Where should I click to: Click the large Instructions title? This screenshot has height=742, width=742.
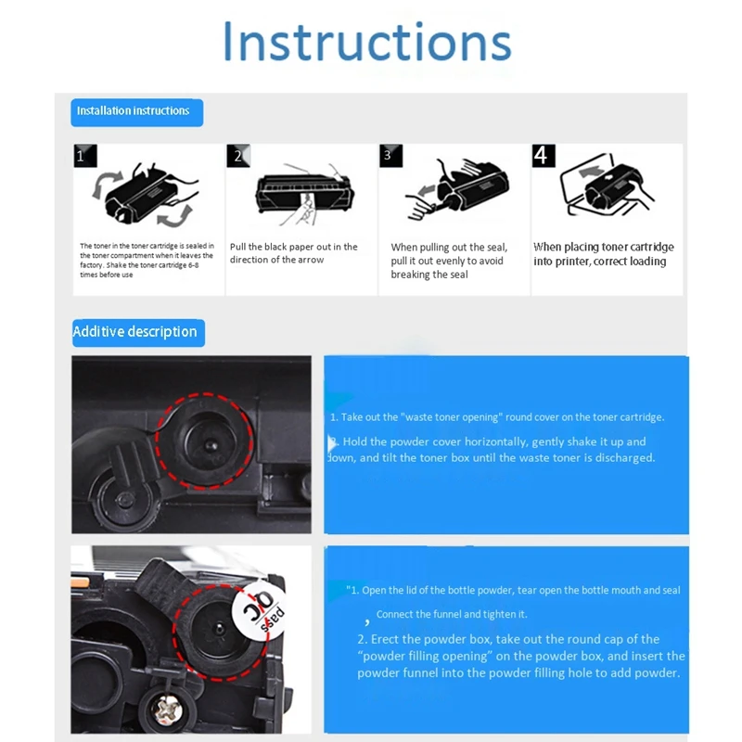(367, 44)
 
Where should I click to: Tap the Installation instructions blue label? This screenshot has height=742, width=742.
(134, 111)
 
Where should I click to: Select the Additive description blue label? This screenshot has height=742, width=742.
(135, 332)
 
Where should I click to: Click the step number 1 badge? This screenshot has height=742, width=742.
(83, 156)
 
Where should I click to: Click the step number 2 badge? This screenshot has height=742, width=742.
(237, 156)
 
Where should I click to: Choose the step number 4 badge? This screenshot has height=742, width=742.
(544, 155)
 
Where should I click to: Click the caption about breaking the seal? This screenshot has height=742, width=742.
(449, 261)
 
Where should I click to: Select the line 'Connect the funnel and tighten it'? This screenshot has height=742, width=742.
(452, 614)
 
